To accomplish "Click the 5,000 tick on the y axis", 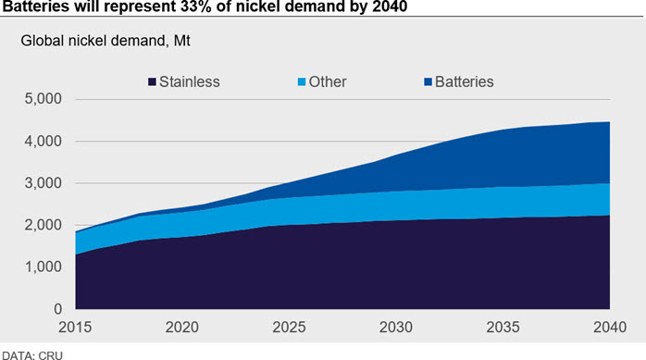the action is [x=43, y=99].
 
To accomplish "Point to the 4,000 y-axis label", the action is [x=43, y=142].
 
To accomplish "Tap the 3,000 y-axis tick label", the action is [x=43, y=183].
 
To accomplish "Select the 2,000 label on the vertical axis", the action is [x=43, y=225].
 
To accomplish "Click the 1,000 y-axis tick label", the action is [x=43, y=267].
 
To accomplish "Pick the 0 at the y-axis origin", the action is [x=57, y=309].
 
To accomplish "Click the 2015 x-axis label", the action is [x=75, y=327].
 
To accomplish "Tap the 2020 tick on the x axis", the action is [x=182, y=327].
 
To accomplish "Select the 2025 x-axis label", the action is [x=289, y=327].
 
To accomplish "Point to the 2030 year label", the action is [x=396, y=327].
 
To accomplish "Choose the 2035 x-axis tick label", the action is [x=503, y=327].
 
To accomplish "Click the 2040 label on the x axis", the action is [x=610, y=327].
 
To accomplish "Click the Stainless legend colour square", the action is [x=152, y=82].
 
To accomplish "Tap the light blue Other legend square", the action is [x=302, y=82].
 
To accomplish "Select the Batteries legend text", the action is [x=465, y=82].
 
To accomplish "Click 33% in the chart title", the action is [x=197, y=6].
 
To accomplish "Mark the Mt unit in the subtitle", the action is [x=181, y=41].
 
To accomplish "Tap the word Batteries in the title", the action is [x=36, y=6].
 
